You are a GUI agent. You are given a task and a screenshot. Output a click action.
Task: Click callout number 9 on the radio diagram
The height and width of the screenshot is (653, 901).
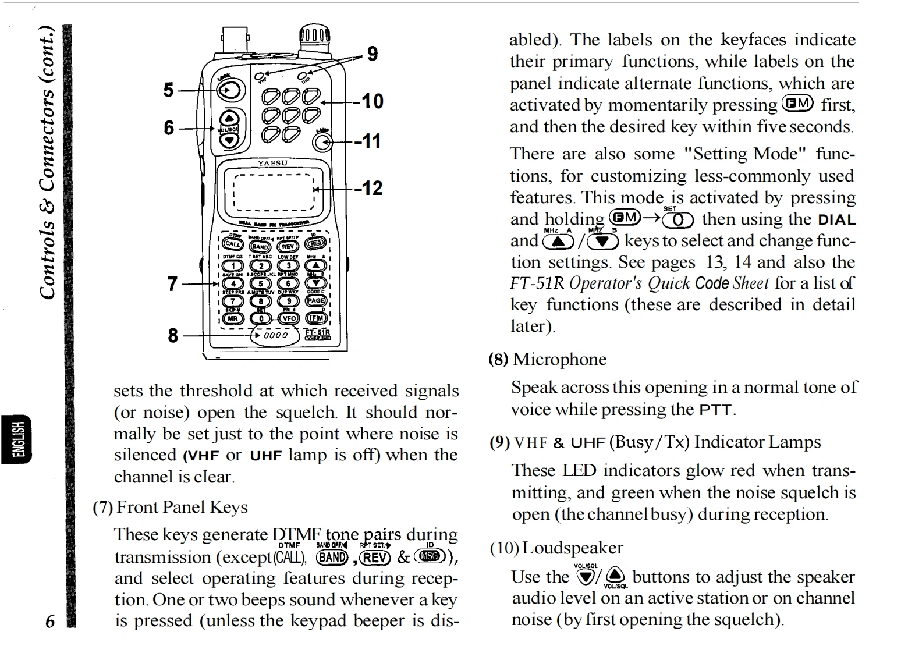pos(373,54)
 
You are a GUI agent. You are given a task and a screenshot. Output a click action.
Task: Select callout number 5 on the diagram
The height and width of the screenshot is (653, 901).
pos(168,90)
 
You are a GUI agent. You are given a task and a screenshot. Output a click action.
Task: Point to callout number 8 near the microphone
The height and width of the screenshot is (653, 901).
pos(173,335)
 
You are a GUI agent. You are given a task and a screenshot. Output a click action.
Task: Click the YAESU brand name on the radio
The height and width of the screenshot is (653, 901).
pos(273,163)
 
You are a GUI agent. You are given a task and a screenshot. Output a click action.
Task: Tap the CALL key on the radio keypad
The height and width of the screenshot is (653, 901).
pos(232,244)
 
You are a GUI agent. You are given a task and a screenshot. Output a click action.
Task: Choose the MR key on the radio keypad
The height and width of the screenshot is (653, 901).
pos(232,318)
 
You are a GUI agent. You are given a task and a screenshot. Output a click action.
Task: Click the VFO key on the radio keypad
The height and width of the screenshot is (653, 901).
pos(289,318)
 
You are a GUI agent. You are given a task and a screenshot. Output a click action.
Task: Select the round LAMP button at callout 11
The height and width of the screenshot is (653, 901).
pos(321,142)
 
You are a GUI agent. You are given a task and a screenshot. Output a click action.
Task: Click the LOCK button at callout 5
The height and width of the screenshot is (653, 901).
pos(230,90)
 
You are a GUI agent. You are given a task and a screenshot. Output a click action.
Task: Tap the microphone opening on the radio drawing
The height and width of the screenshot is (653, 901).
pos(275,335)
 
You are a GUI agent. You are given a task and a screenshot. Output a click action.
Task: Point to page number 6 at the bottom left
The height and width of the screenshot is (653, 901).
pos(50,621)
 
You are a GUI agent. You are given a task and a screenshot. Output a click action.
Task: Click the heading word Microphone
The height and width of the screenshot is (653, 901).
pos(559,359)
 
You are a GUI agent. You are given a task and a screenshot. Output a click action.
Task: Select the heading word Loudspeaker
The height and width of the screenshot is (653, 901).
pos(572,548)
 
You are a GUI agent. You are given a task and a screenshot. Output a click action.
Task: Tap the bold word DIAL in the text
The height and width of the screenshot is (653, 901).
pos(836,220)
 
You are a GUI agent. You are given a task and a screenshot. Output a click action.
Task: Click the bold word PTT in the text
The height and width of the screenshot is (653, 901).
pos(715,410)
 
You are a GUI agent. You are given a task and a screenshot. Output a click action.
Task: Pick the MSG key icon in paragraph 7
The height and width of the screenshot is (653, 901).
pos(430,557)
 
